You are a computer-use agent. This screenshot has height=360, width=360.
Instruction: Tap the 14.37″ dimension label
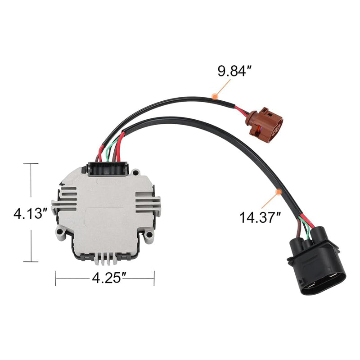coord(260,218)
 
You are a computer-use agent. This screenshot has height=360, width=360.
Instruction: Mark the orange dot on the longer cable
coord(279,192)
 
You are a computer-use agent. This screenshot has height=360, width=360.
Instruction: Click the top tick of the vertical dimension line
coord(31,164)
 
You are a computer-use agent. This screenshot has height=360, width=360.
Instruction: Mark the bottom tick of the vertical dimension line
coord(31,261)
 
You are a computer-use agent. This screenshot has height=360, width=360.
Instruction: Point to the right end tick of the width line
coord(154,278)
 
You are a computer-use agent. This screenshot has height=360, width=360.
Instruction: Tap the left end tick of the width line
coord(56,278)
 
